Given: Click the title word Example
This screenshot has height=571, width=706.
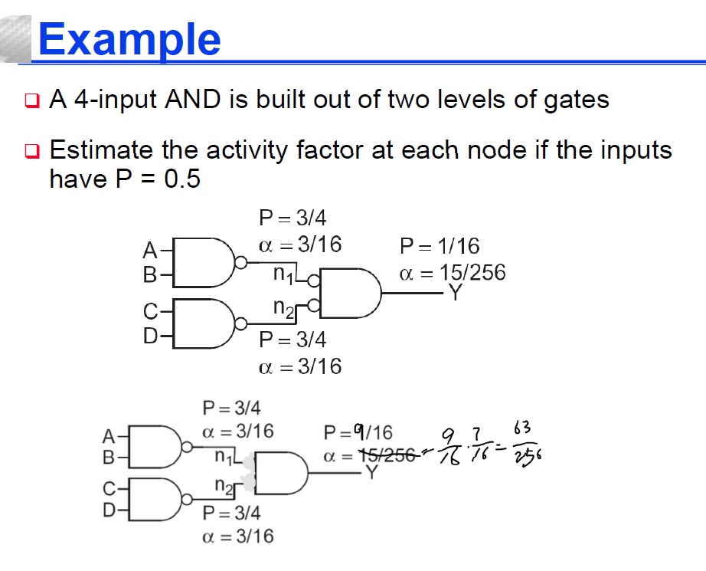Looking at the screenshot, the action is click(x=129, y=40).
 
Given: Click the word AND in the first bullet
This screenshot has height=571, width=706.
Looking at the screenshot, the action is click(x=193, y=99).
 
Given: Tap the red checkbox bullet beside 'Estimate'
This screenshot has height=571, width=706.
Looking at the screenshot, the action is click(x=32, y=150).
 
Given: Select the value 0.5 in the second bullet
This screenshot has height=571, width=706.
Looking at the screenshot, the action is click(x=182, y=179).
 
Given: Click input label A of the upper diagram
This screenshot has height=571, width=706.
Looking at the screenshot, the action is click(x=150, y=250).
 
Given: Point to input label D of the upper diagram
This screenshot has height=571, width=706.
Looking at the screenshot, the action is click(x=150, y=336).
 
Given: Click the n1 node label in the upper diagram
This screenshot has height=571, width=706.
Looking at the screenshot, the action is click(x=283, y=274).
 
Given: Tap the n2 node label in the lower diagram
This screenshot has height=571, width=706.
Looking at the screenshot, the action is click(x=224, y=486).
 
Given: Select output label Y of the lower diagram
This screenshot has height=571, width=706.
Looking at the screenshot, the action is click(x=371, y=472).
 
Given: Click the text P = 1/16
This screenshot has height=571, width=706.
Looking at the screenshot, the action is click(x=440, y=246).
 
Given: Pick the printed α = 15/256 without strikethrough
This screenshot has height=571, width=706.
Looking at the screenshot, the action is click(x=452, y=273).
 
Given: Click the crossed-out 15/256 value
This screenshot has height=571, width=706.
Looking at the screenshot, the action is click(x=387, y=455).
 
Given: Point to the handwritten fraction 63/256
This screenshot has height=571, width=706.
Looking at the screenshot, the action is click(x=526, y=445).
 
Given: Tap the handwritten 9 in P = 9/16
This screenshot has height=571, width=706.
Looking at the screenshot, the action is click(x=359, y=432).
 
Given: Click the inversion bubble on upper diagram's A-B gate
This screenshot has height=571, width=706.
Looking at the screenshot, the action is click(x=241, y=262).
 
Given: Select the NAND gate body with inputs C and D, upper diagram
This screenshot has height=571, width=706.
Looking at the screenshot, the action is click(x=204, y=323).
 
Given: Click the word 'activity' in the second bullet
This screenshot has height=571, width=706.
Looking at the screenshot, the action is click(x=247, y=150).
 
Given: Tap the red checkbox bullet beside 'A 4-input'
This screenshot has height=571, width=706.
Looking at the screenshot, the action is click(x=32, y=100).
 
